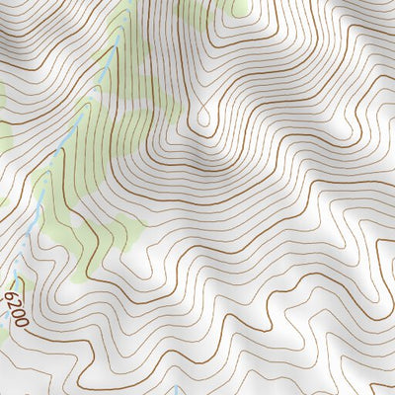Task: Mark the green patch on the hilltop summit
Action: [240, 8]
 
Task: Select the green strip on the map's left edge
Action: [3, 99]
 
